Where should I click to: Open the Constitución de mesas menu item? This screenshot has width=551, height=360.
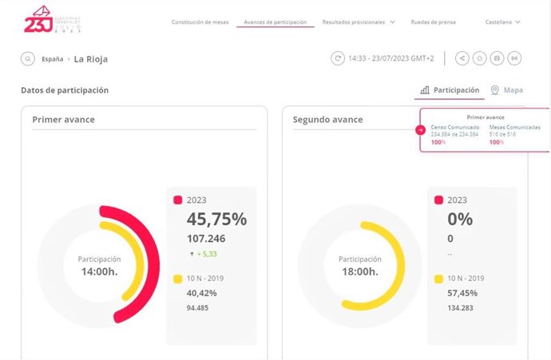click(200, 22)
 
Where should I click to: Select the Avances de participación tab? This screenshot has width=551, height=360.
click(275, 22)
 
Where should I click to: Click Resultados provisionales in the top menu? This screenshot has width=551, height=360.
click(354, 22)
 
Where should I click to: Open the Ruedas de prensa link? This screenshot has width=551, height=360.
click(433, 22)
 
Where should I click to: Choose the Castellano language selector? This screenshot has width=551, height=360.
click(502, 22)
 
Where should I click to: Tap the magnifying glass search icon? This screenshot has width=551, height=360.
click(28, 59)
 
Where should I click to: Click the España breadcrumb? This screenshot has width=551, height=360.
click(53, 59)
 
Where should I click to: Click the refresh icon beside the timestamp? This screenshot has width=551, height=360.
click(339, 58)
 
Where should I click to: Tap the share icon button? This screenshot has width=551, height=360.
click(462, 58)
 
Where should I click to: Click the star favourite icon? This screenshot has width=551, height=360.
click(480, 58)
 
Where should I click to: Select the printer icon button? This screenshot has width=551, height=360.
click(497, 58)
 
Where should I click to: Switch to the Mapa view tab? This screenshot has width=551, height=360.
click(507, 90)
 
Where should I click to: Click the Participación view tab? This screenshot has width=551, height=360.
click(450, 90)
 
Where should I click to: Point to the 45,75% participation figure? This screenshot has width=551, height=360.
click(216, 219)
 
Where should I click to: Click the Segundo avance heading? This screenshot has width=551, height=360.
click(327, 120)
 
